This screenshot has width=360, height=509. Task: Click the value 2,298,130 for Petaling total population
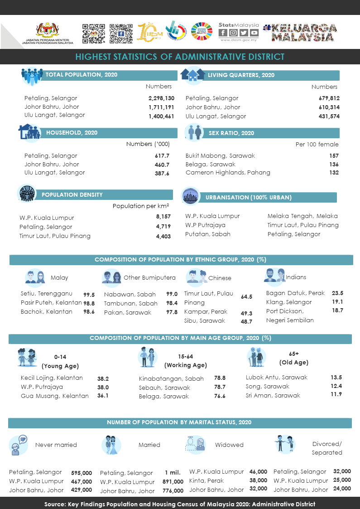click(161, 98)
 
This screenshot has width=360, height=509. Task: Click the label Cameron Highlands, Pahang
click(228, 173)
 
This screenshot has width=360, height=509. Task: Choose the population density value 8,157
click(163, 217)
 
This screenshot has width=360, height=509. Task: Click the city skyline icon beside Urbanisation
click(190, 196)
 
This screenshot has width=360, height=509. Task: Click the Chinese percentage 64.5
click(246, 297)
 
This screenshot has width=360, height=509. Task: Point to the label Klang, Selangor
click(289, 302)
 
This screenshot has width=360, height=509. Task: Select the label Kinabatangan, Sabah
click(171, 378)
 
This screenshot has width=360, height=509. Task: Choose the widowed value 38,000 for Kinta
click(258, 480)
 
